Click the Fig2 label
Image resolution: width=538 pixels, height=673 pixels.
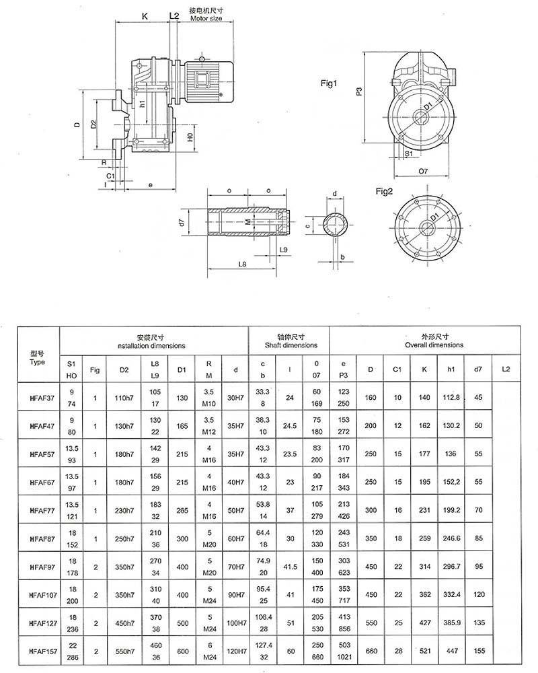(384, 192)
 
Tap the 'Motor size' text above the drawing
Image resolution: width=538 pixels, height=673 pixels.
(206, 19)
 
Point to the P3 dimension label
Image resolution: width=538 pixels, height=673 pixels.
(360, 92)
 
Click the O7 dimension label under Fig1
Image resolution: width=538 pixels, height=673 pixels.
(423, 172)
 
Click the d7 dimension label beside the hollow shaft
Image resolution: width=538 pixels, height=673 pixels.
(182, 222)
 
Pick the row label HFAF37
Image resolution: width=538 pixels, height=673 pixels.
(38, 398)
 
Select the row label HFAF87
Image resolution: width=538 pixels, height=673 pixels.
(38, 539)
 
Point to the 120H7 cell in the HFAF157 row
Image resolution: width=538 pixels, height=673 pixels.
(236, 652)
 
